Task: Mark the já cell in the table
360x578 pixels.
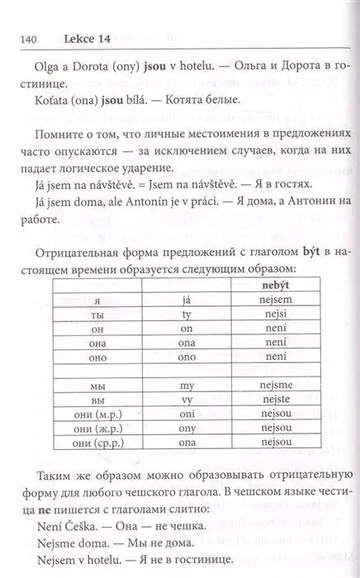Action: tap(186, 303)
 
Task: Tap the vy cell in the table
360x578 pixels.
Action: tap(186, 397)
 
